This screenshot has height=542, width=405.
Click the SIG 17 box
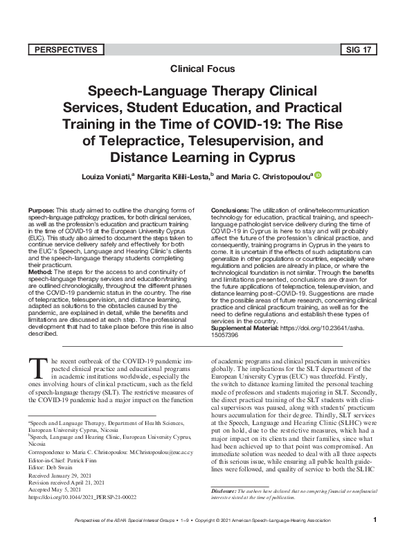tap(360, 49)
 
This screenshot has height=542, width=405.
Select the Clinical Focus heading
tap(202, 69)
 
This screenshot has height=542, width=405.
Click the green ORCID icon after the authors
tap(317, 175)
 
